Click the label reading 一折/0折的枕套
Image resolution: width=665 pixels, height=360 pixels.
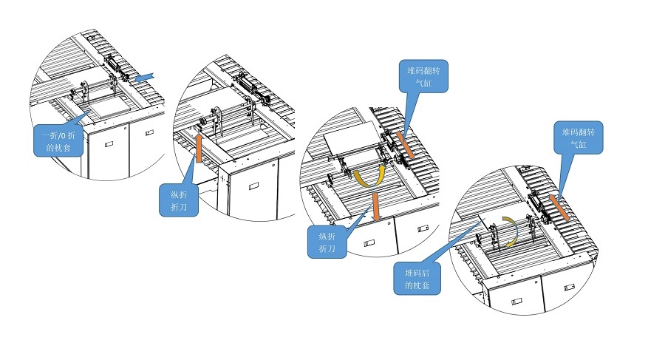pyautogui.click(x=56, y=140)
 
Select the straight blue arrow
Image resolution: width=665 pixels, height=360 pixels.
pyautogui.click(x=145, y=75)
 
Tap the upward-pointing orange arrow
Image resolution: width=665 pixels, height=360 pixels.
pyautogui.click(x=199, y=149)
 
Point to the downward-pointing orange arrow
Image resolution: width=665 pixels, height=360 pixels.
pyautogui.click(x=377, y=206)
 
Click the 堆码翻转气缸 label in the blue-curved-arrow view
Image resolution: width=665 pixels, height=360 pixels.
pyautogui.click(x=579, y=138)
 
